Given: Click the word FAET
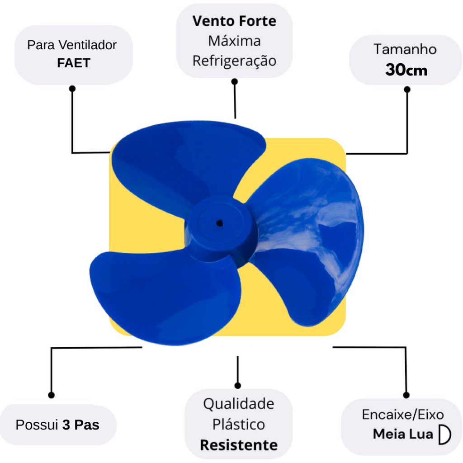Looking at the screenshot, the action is pos(74,63).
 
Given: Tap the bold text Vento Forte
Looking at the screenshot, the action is pos(234,21).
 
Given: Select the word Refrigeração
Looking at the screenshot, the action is pos(234,61).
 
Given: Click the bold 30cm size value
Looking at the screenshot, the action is pos(406,70).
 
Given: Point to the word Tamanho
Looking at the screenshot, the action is pos(405,49).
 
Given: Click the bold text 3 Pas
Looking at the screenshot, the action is pos(80,425).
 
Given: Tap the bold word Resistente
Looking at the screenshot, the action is pos(239,445).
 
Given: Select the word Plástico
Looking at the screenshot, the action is pos(239,424).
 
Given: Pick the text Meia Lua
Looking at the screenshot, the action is pos(403,434).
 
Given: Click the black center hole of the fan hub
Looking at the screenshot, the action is pos(219,223).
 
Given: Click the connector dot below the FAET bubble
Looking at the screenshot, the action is pos(72,89).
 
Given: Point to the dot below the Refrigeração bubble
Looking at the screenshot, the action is pos(235,81).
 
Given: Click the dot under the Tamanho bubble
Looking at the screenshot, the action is pos(407,89).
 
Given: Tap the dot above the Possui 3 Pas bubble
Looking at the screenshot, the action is pos(52,395).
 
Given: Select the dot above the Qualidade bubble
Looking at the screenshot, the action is pos(238,385).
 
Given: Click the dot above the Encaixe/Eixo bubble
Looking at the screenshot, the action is pos(406,395).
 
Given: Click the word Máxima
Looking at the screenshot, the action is pos(234,41).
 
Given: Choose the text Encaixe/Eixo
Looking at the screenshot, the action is pos(403,415).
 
